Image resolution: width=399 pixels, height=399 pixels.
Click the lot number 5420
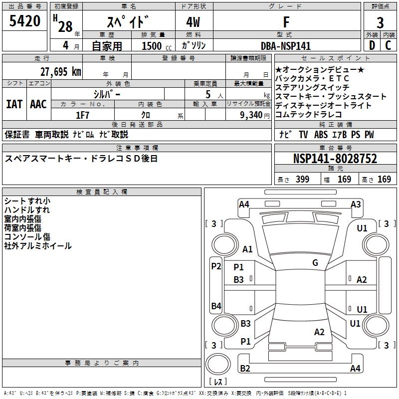click(24, 21)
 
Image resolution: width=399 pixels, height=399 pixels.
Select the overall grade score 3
click(380, 22)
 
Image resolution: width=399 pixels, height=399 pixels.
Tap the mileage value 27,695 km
click(60, 72)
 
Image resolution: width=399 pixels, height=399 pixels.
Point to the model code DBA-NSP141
click(286, 46)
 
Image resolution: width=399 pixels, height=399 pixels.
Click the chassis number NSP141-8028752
click(335, 159)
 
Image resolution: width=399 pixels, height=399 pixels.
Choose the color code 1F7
click(82, 115)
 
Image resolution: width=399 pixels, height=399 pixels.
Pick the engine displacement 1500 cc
click(157, 46)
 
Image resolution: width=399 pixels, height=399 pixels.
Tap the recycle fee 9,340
click(251, 115)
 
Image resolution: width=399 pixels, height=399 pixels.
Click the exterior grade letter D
click(372, 45)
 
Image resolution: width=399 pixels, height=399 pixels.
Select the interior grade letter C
click(388, 45)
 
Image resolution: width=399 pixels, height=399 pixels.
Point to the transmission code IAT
click(14, 104)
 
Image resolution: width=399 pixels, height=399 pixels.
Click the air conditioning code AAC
click(38, 104)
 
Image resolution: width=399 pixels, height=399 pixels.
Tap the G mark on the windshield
click(315, 262)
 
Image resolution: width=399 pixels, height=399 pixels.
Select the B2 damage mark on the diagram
click(245, 368)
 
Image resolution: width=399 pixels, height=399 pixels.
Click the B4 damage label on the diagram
click(216, 306)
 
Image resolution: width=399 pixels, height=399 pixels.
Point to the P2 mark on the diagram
click(216, 266)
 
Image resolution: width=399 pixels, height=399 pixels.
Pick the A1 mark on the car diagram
click(247, 249)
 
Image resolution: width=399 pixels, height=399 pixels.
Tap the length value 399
click(303, 179)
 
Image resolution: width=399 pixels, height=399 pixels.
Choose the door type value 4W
click(193, 22)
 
